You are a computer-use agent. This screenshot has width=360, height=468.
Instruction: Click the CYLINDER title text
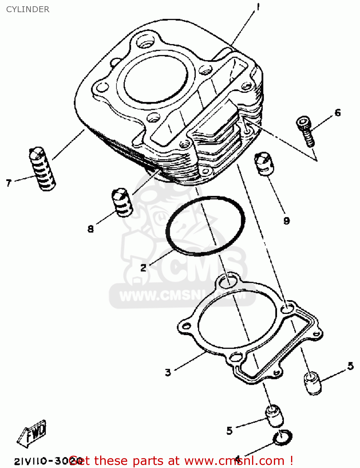[x=28, y=9]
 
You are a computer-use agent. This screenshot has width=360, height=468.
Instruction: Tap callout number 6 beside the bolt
[x=338, y=113]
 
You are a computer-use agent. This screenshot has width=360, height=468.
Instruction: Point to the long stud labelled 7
[x=43, y=168]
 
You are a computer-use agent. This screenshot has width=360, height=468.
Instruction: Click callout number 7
[x=9, y=183]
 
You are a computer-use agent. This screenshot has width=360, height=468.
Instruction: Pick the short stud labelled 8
[x=122, y=202]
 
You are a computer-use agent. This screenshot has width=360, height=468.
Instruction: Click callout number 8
[x=90, y=229]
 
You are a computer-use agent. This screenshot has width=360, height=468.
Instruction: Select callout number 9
[x=286, y=221]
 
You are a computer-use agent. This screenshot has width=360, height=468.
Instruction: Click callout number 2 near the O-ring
[x=143, y=267]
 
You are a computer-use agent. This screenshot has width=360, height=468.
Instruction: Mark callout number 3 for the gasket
[x=168, y=372]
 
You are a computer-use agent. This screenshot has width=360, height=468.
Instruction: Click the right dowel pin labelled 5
[x=312, y=383]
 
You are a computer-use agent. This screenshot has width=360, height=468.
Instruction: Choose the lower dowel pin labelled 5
[x=275, y=416]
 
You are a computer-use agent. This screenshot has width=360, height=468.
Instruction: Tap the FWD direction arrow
[x=32, y=432]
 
